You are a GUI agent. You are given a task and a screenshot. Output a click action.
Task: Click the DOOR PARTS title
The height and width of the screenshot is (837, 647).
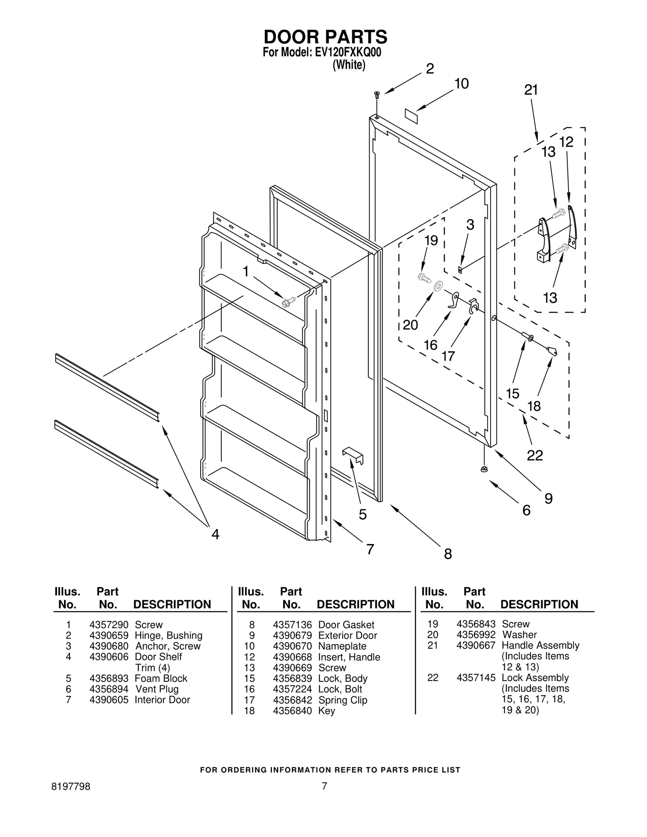325,37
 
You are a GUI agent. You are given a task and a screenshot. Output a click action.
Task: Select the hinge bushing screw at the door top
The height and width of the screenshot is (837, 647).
377,95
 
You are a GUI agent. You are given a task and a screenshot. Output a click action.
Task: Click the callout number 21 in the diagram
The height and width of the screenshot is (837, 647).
531,90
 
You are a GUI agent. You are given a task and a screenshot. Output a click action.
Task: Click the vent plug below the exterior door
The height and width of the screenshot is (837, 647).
484,469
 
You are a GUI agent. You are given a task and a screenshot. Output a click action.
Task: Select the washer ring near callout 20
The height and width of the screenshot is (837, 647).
438,287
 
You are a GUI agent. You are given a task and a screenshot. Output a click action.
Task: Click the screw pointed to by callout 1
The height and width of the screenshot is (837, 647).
289,301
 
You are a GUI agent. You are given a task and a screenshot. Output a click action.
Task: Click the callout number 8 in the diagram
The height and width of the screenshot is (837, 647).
448,553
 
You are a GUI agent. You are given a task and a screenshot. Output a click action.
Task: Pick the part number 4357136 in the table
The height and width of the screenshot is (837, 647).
292,625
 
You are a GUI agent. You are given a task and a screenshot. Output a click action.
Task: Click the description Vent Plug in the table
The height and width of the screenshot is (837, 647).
157,689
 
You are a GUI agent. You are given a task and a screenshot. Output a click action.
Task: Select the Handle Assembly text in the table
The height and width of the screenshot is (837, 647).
540,645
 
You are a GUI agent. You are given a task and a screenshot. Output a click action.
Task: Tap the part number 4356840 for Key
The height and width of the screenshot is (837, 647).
292,711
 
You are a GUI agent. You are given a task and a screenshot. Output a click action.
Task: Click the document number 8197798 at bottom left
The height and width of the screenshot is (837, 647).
71,786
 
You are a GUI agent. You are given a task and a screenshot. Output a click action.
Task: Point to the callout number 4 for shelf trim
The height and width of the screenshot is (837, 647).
216,534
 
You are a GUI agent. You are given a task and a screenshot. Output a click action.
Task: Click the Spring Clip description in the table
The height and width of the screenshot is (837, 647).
343,700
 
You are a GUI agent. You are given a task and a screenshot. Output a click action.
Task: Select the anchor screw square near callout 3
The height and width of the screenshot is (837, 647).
460,269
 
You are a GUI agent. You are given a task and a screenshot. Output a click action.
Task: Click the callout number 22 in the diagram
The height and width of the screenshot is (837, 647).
535,455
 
